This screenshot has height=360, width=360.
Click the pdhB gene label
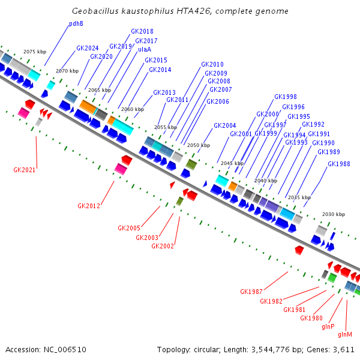(x=76, y=24)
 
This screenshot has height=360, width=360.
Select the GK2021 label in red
(x=25, y=170)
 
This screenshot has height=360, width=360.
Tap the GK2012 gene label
(x=89, y=206)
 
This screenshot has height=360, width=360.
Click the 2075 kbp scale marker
(x=34, y=52)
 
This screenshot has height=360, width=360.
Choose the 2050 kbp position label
(x=199, y=145)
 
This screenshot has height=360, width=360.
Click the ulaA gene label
(x=145, y=50)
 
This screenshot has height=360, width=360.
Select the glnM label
(x=345, y=334)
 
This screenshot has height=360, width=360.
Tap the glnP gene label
(x=328, y=326)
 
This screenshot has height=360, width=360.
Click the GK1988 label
(x=339, y=164)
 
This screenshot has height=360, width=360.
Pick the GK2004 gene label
(x=225, y=125)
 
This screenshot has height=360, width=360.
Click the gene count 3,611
(x=344, y=349)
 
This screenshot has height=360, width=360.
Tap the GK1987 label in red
(x=251, y=292)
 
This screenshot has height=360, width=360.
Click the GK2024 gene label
(x=88, y=48)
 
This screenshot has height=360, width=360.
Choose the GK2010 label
(x=212, y=64)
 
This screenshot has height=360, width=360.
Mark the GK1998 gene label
(x=286, y=97)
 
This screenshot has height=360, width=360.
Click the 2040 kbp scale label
(x=266, y=181)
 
